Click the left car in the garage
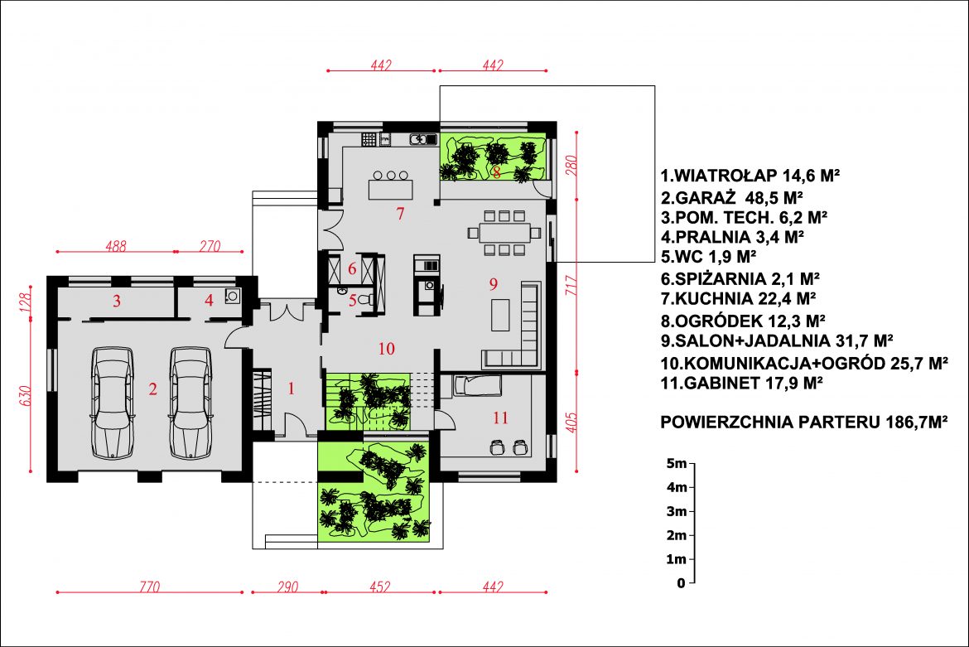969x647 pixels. coord(113,403)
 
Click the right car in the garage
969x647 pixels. coord(190,403)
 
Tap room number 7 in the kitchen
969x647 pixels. coord(401,214)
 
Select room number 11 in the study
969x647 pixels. coord(500,418)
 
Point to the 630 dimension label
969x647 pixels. coord(26,396)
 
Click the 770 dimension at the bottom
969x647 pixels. coord(150,586)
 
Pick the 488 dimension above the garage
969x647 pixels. coord(116,246)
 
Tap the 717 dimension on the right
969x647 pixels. coord(571,285)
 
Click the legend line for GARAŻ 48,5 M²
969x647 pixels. coord(731,198)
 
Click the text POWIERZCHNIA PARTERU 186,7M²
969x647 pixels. coord(804,422)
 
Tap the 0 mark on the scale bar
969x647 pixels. coord(681,582)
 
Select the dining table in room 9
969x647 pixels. coord(505,233)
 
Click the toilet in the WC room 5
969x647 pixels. coord(366,300)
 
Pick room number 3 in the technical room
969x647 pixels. coord(116,302)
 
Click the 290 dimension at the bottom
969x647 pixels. coord(288,586)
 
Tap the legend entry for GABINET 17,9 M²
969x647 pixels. coord(741,383)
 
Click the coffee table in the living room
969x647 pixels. coord(500,315)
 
